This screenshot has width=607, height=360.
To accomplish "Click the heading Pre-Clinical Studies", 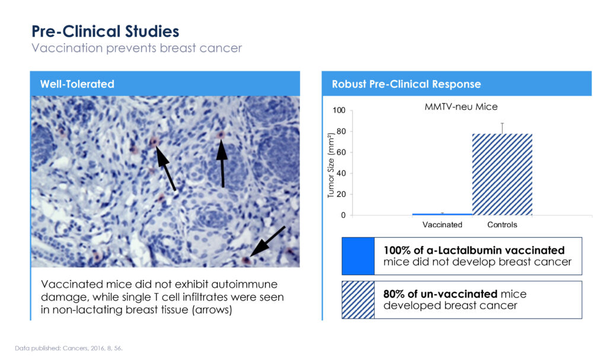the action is click(x=106, y=31).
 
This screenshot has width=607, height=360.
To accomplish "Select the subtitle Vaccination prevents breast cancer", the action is click(x=137, y=48).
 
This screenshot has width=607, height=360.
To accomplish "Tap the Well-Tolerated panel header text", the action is click(x=77, y=84).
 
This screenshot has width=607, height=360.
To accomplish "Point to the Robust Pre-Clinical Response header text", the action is click(x=406, y=84).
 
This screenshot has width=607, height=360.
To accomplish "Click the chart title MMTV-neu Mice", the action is click(x=461, y=107).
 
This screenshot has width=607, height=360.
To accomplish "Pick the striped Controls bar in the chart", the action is click(x=502, y=174).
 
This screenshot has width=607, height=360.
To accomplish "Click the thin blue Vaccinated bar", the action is click(x=442, y=214).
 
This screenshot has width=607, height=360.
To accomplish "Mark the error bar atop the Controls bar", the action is click(x=502, y=128).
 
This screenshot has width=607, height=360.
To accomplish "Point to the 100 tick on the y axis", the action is click(x=338, y=110).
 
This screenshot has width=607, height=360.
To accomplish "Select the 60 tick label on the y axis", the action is click(x=341, y=152).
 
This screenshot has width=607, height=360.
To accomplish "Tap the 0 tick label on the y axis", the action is click(x=343, y=215).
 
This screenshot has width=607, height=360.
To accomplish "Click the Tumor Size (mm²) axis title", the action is click(x=331, y=165).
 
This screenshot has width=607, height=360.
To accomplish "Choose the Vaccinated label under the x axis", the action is click(x=442, y=225).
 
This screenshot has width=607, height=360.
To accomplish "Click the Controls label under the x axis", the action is click(x=502, y=225).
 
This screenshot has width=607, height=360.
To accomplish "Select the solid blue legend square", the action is click(x=358, y=256).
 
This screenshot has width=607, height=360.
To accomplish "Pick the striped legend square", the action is click(x=358, y=300).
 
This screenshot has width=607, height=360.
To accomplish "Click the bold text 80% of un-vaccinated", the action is click(x=440, y=294).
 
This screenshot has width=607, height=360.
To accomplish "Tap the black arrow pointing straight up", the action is click(x=222, y=164).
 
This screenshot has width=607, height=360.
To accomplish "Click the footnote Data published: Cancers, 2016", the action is click(x=69, y=348).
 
